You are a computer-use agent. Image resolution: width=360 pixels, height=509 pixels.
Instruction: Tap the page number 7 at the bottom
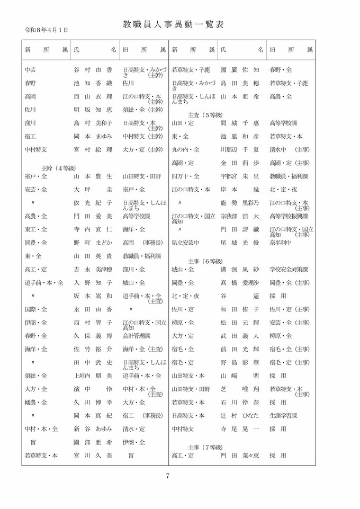tap(167, 475)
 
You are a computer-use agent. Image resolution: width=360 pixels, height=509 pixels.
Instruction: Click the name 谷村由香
tap(93, 70)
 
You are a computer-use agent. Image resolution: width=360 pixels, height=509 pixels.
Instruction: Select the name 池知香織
tap(93, 83)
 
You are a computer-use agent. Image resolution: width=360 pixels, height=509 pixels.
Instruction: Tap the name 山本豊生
tap(93, 176)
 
